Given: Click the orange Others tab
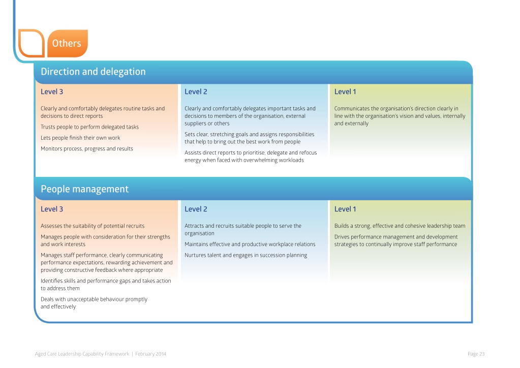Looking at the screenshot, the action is click(67, 43).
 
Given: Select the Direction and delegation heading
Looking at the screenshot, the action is click(93, 72).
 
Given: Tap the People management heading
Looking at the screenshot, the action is click(84, 189).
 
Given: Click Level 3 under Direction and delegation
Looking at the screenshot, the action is click(52, 92).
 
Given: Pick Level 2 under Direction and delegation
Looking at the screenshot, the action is click(196, 92).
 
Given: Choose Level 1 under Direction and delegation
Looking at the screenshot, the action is click(345, 92).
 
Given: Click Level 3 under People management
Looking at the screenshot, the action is click(52, 209).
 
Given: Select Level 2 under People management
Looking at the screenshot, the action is click(196, 209).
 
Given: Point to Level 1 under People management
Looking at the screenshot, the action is click(345, 209).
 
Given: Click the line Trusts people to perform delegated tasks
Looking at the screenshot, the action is click(89, 127).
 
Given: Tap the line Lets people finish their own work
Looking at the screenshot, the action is click(80, 138).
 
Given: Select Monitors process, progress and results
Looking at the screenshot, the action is click(87, 149).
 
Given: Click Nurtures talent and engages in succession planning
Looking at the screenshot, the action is click(246, 255).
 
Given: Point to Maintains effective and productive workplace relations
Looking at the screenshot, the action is click(250, 244).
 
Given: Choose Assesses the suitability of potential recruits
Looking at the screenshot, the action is click(93, 226).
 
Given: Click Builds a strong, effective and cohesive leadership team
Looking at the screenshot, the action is click(400, 226).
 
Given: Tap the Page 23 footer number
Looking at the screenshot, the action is click(476, 354).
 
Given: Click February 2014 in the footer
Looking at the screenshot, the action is click(150, 354).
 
